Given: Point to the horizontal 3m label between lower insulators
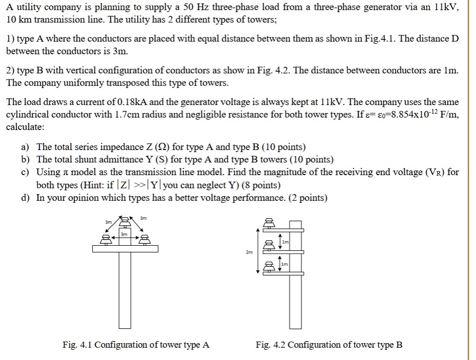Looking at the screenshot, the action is [123, 234].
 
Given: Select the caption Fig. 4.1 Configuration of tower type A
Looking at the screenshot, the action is [136, 345].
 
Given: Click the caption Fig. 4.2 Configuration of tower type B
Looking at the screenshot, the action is [329, 345].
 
